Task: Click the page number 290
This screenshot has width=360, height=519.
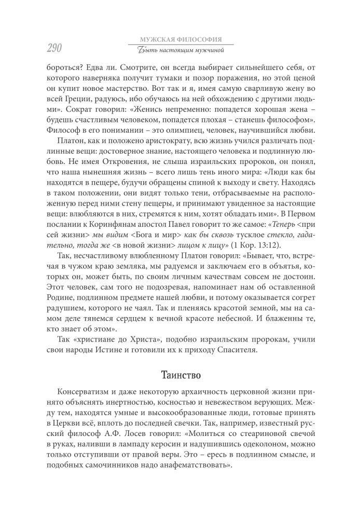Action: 47,48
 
